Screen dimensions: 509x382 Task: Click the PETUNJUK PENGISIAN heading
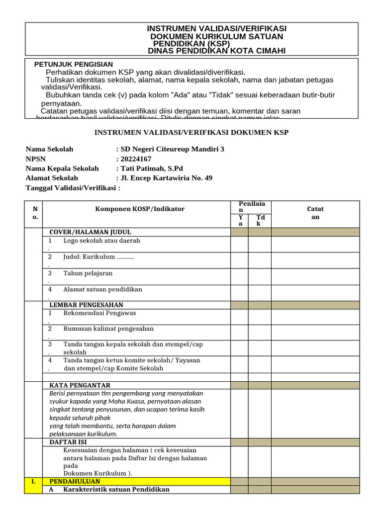tap(74, 65)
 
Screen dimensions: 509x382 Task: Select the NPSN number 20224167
tap(135, 159)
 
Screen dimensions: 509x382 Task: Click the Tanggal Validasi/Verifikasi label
tap(73, 188)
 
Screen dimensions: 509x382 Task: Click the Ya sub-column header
tap(240, 220)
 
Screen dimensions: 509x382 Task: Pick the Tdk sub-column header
tap(260, 220)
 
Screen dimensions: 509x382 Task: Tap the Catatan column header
tap(315, 213)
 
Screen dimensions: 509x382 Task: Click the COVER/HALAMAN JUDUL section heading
tap(90, 232)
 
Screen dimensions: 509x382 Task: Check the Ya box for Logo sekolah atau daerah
tap(239, 244)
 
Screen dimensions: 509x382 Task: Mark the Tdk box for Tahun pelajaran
tap(260, 276)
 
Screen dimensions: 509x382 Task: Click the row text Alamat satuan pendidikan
tap(102, 289)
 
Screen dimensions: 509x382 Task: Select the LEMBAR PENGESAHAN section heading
tap(87, 305)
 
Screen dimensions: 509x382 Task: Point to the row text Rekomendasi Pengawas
tap(99, 313)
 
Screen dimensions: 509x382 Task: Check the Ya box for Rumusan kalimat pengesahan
tap(239, 332)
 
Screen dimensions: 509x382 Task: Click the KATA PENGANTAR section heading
tap(80, 385)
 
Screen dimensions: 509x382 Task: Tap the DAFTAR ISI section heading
tap(69, 441)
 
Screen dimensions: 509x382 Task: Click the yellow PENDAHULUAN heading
tap(75, 482)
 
